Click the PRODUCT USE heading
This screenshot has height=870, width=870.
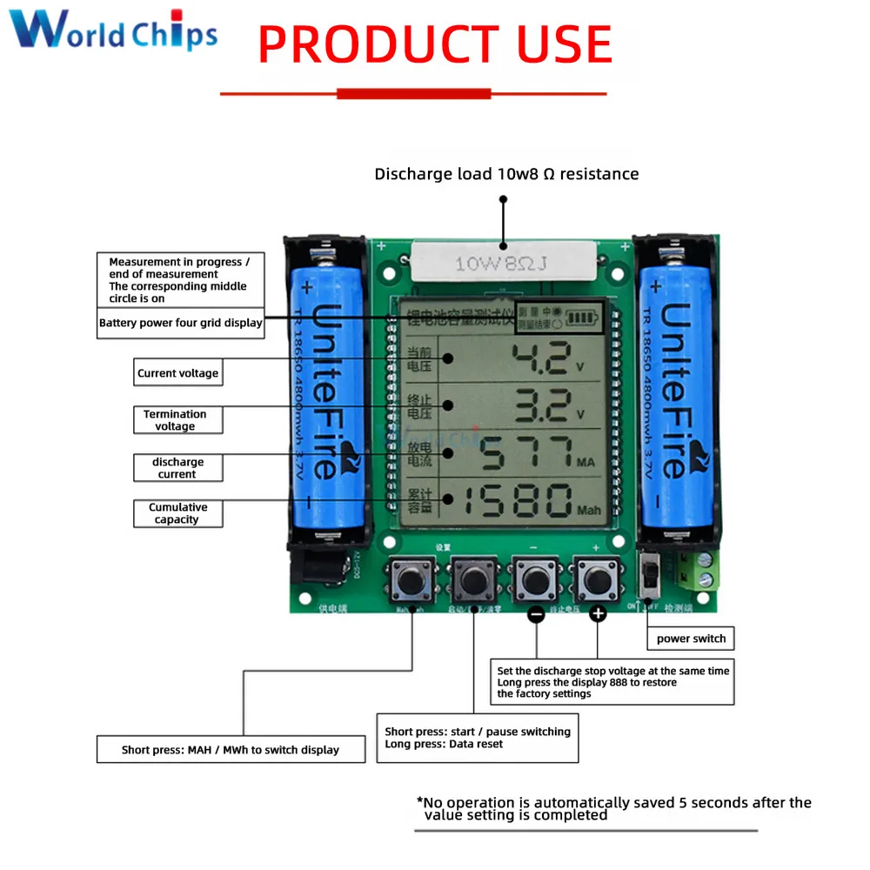click(x=435, y=45)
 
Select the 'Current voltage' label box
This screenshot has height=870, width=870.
click(x=177, y=373)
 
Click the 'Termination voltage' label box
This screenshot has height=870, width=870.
click(x=177, y=420)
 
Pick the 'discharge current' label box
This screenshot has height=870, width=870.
click(x=177, y=468)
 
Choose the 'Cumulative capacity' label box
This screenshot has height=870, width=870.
click(x=177, y=513)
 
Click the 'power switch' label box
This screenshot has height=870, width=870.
click(x=691, y=639)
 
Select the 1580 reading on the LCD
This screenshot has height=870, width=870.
click(x=518, y=501)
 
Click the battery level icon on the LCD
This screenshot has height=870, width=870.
click(x=582, y=318)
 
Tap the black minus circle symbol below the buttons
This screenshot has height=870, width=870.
click(x=537, y=614)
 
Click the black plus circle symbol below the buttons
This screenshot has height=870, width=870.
click(x=598, y=614)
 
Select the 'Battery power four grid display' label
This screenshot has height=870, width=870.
click(x=180, y=323)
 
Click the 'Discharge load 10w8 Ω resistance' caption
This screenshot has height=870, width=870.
click(x=506, y=174)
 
